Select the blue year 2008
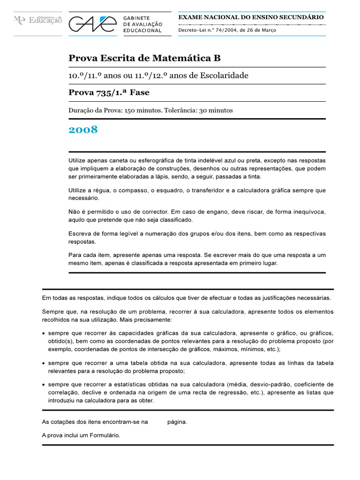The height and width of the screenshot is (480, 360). click(x=83, y=130)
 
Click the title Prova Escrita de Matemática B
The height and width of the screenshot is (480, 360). click(x=144, y=58)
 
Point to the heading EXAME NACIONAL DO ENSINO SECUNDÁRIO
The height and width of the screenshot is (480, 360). click(x=251, y=17)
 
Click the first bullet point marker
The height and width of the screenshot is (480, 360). click(x=44, y=333)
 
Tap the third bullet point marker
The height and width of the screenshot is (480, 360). click(x=44, y=385)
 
